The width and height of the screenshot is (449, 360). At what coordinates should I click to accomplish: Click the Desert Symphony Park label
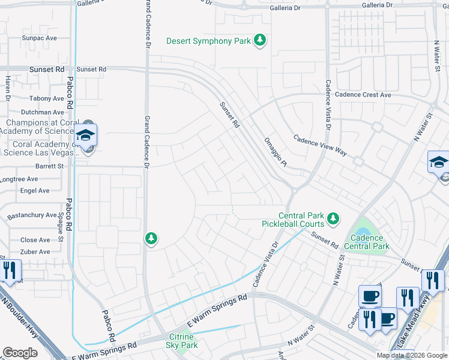click(x=208, y=41)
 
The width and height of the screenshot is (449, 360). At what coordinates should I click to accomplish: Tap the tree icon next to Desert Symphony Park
click(x=259, y=40)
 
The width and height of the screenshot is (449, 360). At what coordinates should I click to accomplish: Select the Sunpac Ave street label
click(x=39, y=38)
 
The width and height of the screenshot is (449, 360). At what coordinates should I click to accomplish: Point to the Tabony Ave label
click(x=46, y=98)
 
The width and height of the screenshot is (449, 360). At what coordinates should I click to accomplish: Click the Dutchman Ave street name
click(x=42, y=112)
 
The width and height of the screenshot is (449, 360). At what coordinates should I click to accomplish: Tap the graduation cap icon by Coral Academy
click(x=86, y=135)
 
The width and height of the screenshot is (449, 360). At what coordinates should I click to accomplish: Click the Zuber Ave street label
click(x=35, y=252)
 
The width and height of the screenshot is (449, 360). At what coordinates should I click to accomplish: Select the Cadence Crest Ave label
click(x=363, y=95)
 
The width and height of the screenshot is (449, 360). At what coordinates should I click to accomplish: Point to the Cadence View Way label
click(x=320, y=145)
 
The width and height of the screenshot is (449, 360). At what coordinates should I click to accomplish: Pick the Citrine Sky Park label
click(x=181, y=341)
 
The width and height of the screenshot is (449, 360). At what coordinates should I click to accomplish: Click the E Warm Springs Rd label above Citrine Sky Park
click(x=218, y=308)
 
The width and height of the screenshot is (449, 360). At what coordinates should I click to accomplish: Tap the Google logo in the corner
click(x=20, y=353)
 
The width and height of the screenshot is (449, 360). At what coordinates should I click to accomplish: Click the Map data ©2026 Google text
click(x=411, y=355)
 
